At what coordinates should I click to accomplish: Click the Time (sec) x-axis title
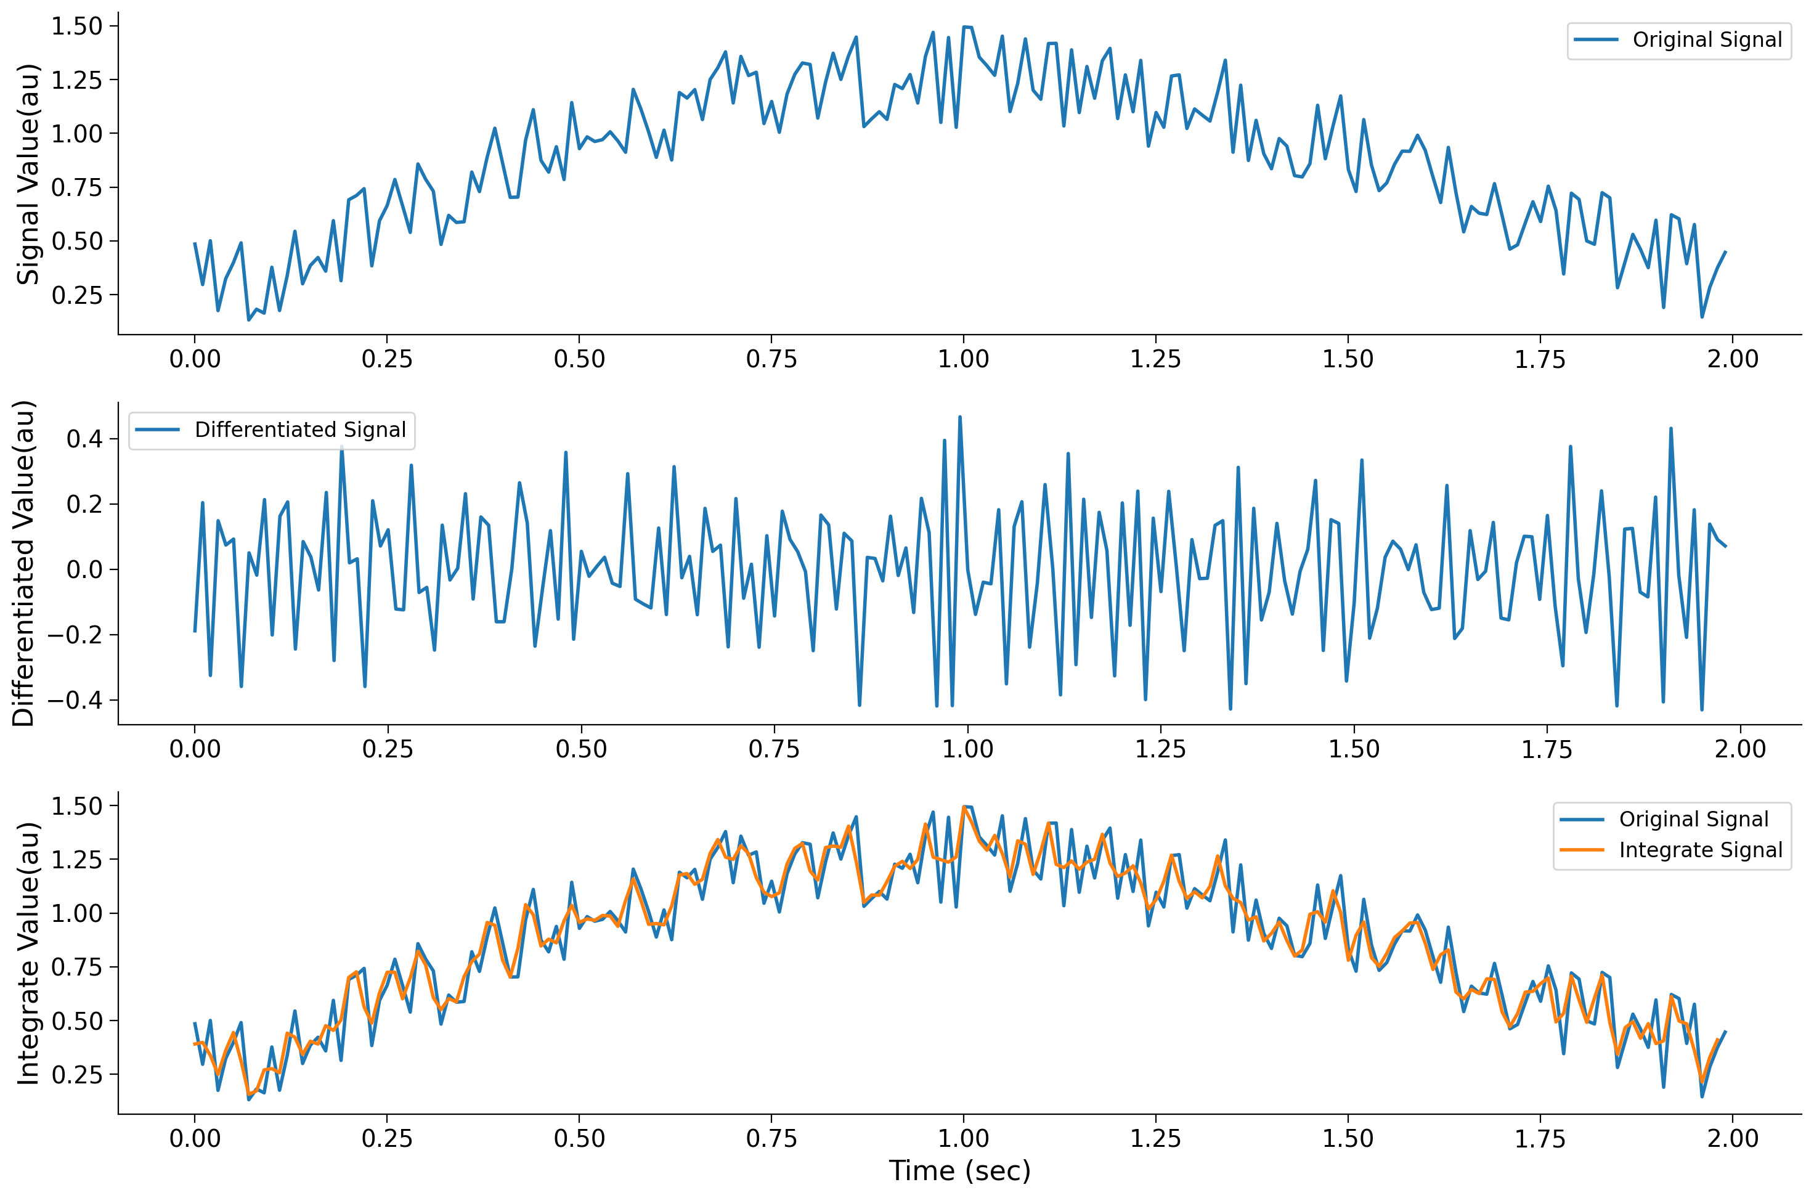(x=959, y=1170)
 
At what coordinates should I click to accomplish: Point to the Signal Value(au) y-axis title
(x=28, y=174)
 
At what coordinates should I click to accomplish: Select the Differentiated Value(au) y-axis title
(x=25, y=563)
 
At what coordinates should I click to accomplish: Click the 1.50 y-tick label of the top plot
(x=76, y=26)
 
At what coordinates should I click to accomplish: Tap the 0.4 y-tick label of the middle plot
(x=84, y=439)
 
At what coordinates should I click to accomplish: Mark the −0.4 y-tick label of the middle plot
(x=75, y=700)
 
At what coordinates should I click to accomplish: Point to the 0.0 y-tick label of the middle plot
(x=84, y=570)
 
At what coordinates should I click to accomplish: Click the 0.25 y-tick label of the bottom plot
(x=76, y=1074)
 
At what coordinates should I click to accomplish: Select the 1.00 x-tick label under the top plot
(x=963, y=359)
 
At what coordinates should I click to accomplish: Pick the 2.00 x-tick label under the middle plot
(x=1740, y=749)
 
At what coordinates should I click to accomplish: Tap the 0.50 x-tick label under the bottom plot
(x=579, y=1138)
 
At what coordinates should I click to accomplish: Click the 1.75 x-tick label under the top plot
(x=1540, y=359)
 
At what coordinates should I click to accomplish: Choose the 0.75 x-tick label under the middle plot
(x=774, y=749)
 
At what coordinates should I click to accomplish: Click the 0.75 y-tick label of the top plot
(x=76, y=187)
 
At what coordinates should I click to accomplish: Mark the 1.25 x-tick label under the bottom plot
(x=1155, y=1138)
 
